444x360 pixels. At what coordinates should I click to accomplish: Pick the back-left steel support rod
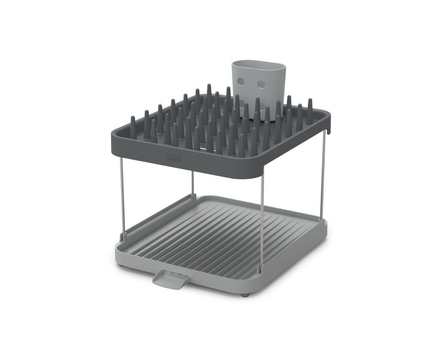pyautogui.click(x=193, y=183)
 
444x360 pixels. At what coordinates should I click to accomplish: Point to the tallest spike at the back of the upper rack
pyautogui.click(x=209, y=91)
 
